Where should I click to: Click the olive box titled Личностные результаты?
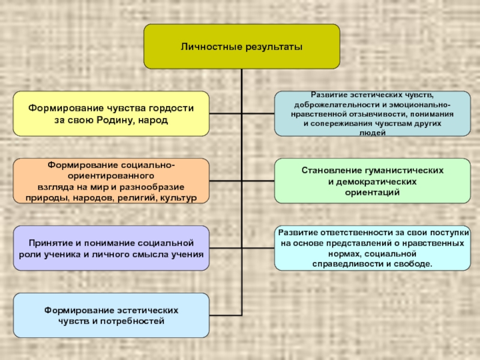coord(241,46)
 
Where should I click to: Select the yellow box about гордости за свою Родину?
coord(111,113)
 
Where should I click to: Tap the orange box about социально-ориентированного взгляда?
coord(111,181)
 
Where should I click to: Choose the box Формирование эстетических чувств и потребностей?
coord(111,315)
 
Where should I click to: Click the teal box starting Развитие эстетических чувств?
coord(372,113)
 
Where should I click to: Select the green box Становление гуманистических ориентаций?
coord(372,181)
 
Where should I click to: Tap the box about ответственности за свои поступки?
coord(372,248)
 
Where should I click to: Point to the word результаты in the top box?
coord(274,46)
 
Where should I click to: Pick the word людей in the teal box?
coord(372,133)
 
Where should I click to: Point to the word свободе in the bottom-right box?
coord(415,263)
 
